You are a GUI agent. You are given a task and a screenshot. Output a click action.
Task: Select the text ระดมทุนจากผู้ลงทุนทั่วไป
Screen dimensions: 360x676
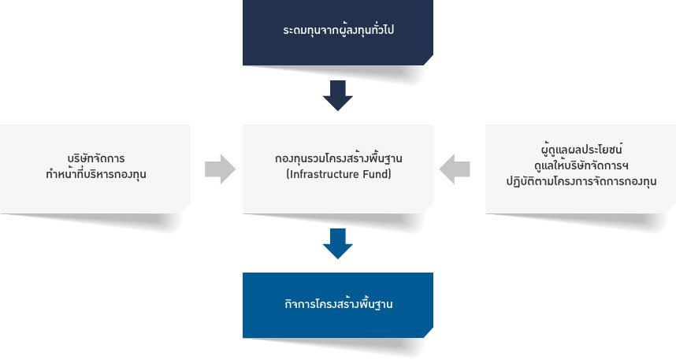tap(338, 32)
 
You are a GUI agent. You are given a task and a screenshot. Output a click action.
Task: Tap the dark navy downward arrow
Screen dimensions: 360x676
tap(337, 95)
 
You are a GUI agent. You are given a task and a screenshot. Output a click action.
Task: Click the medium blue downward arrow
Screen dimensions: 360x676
tap(337, 243)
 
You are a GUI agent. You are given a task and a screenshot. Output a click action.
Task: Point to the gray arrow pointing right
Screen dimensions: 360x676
tap(220, 169)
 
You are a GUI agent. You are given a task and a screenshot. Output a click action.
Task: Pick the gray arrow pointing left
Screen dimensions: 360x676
tap(455, 169)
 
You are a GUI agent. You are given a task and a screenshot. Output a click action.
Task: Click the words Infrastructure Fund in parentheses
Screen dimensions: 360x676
tap(338, 174)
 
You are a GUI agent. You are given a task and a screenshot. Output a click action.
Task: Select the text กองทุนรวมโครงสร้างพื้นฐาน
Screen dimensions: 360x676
tap(338, 159)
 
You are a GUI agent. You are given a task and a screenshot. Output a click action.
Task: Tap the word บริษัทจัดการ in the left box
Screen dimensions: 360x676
tap(96, 158)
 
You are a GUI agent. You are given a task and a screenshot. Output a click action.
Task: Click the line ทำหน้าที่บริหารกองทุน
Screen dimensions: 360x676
tap(96, 174)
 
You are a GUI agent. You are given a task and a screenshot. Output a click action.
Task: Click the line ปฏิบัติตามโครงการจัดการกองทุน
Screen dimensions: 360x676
tap(581, 181)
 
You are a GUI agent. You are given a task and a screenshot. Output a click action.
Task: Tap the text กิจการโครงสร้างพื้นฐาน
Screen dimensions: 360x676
tap(338, 304)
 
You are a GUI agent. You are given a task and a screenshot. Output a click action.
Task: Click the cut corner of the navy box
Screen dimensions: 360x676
tap(428, 60)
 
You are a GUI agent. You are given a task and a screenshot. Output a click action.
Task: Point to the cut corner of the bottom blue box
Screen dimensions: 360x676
tap(428, 332)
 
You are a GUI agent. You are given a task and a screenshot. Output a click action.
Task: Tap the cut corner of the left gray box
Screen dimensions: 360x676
tap(186, 206)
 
